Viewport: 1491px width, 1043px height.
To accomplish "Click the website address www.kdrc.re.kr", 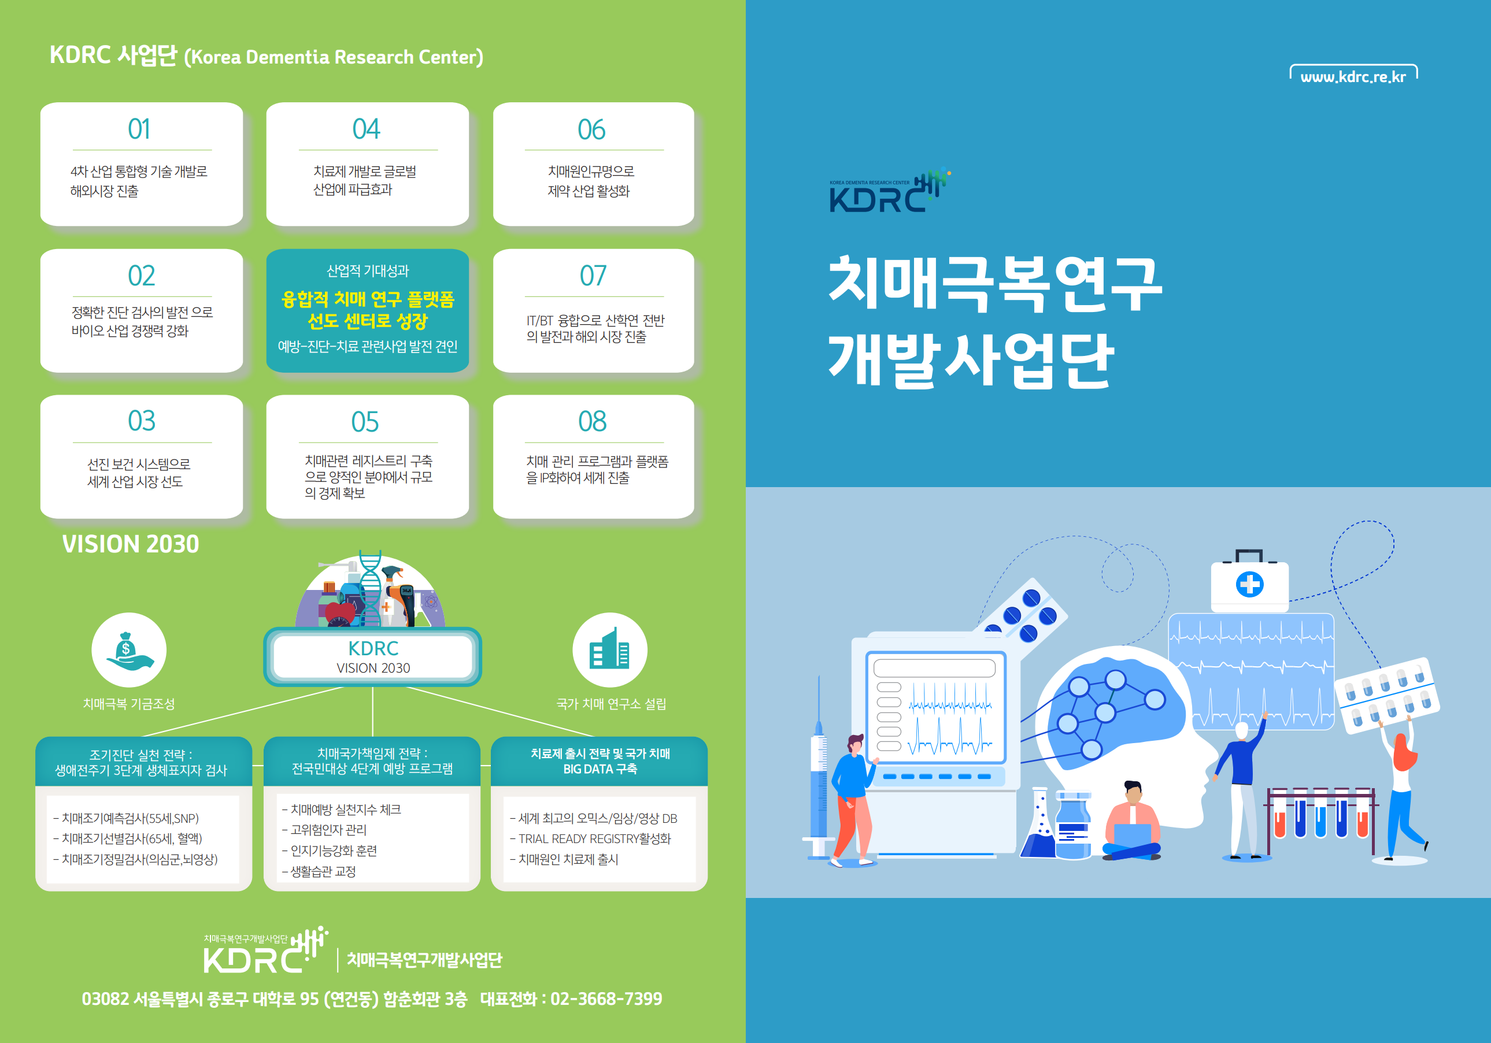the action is (1353, 77).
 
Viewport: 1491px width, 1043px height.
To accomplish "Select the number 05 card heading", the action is (365, 422).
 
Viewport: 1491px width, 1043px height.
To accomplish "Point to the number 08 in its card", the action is (592, 421).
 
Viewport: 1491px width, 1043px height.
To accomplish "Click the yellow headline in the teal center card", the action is (368, 310).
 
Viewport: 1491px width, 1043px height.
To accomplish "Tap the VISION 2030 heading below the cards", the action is (131, 544).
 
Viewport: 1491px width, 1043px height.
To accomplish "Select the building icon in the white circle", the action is (609, 648).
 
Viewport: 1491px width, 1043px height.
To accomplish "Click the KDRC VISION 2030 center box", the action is (373, 657).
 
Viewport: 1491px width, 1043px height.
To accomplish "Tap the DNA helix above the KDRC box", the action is (370, 588).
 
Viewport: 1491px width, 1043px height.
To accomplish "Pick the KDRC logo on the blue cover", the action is (889, 191).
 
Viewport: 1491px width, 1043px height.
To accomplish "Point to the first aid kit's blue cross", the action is (1249, 584).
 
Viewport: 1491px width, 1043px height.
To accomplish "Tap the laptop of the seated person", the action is (1133, 834).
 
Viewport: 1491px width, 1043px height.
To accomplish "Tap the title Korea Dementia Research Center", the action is (334, 57).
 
